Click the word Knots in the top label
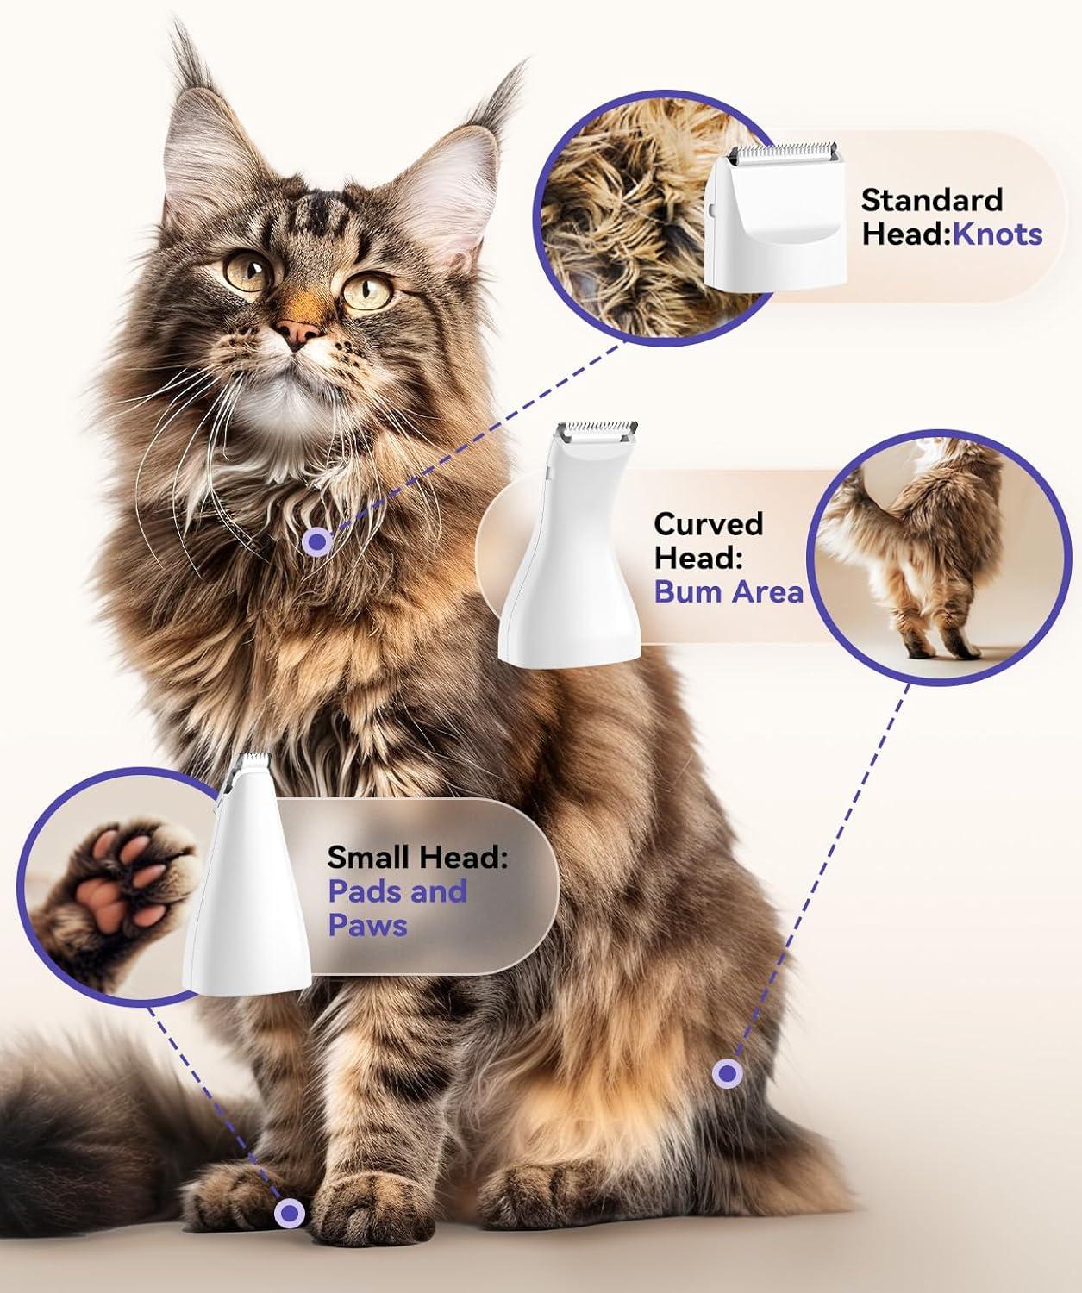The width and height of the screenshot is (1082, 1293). tap(998, 234)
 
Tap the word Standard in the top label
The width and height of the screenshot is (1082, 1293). tap(931, 200)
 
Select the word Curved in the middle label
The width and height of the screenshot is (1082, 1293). tap(708, 524)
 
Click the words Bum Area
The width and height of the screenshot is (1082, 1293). tap(729, 591)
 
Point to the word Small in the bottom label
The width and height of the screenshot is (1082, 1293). tap(371, 857)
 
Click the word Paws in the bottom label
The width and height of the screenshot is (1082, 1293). tap(367, 925)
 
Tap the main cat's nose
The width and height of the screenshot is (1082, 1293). tap(298, 333)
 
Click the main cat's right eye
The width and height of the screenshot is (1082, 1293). tap(367, 291)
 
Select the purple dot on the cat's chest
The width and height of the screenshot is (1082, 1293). tap(318, 542)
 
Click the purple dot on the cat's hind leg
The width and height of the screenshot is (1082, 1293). tap(727, 1073)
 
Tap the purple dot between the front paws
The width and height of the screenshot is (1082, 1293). tap(289, 1212)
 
